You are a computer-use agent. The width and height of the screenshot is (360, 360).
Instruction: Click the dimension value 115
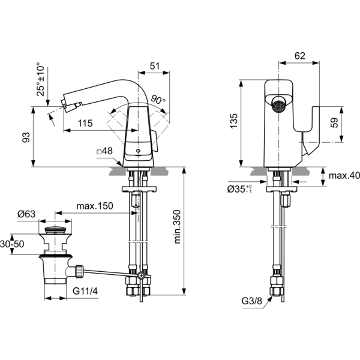point(85,123)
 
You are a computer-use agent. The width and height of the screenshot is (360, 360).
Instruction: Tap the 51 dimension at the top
point(155,66)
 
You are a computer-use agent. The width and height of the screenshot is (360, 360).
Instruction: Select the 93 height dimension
point(26,137)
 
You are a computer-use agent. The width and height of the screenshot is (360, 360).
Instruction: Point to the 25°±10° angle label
point(41,79)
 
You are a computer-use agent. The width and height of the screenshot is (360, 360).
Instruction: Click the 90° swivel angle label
point(158,100)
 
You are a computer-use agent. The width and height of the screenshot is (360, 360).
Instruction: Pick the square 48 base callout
point(104,151)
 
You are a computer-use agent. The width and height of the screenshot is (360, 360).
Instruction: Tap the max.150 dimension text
point(95,206)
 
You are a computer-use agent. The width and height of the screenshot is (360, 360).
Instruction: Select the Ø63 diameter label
point(26,214)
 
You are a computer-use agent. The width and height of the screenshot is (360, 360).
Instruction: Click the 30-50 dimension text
point(12,244)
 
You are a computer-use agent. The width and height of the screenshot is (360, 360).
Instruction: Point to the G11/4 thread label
point(85,291)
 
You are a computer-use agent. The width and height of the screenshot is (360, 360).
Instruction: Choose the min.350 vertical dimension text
point(178,227)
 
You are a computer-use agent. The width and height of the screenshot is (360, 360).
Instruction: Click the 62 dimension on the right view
point(299,56)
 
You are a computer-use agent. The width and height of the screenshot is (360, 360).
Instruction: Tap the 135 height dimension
point(234,121)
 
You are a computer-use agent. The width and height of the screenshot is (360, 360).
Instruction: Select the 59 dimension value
point(334,122)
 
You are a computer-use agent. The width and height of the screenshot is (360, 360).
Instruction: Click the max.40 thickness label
point(344,176)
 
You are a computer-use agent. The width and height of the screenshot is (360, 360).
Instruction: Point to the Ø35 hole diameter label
point(239,189)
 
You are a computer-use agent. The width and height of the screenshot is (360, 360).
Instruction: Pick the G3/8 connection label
point(252,301)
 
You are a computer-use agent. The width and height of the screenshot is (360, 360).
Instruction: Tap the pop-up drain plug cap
point(55,230)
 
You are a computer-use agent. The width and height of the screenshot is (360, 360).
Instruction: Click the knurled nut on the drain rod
point(79,271)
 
